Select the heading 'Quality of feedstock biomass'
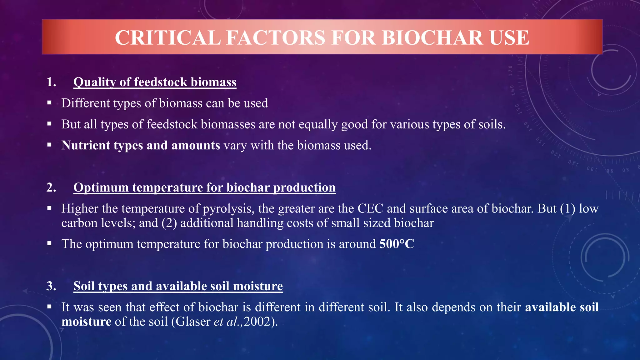[x=155, y=82]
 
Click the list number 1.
[x=51, y=82]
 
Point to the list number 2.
[x=51, y=187]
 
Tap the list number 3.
[x=51, y=286]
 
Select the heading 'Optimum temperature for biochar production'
[x=204, y=187]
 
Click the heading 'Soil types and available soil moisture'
[x=178, y=286]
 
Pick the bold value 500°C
[x=397, y=244]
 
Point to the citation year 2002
[x=257, y=322]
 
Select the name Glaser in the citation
[x=193, y=322]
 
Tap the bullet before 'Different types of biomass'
[x=49, y=102]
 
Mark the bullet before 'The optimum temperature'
[x=49, y=243]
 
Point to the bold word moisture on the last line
[x=86, y=322]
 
